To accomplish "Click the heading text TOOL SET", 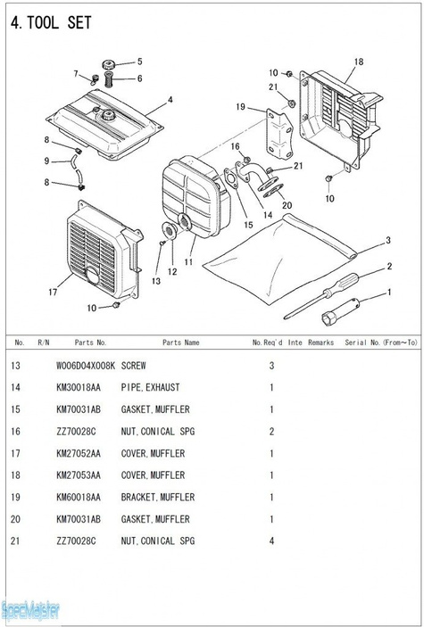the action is point(59,23).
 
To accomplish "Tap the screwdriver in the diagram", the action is point(321,296).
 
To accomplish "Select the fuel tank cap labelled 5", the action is point(108,64).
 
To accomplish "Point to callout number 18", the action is point(359,62).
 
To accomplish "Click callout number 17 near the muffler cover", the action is point(53,293).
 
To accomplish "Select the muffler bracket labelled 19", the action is point(279,135).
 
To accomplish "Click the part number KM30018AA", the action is point(79,387).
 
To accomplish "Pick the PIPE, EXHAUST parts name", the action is point(150,387).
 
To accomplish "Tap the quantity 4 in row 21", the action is point(272,541).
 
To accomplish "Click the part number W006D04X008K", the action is point(86,366).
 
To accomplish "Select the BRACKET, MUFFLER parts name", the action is point(158,497).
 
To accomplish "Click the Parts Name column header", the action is point(180,342).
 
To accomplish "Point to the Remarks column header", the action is point(320,342).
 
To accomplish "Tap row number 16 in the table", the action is point(15,432).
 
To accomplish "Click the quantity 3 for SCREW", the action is point(272,366).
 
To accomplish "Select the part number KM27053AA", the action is point(79,475).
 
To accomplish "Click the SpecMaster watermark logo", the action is point(30,611).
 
